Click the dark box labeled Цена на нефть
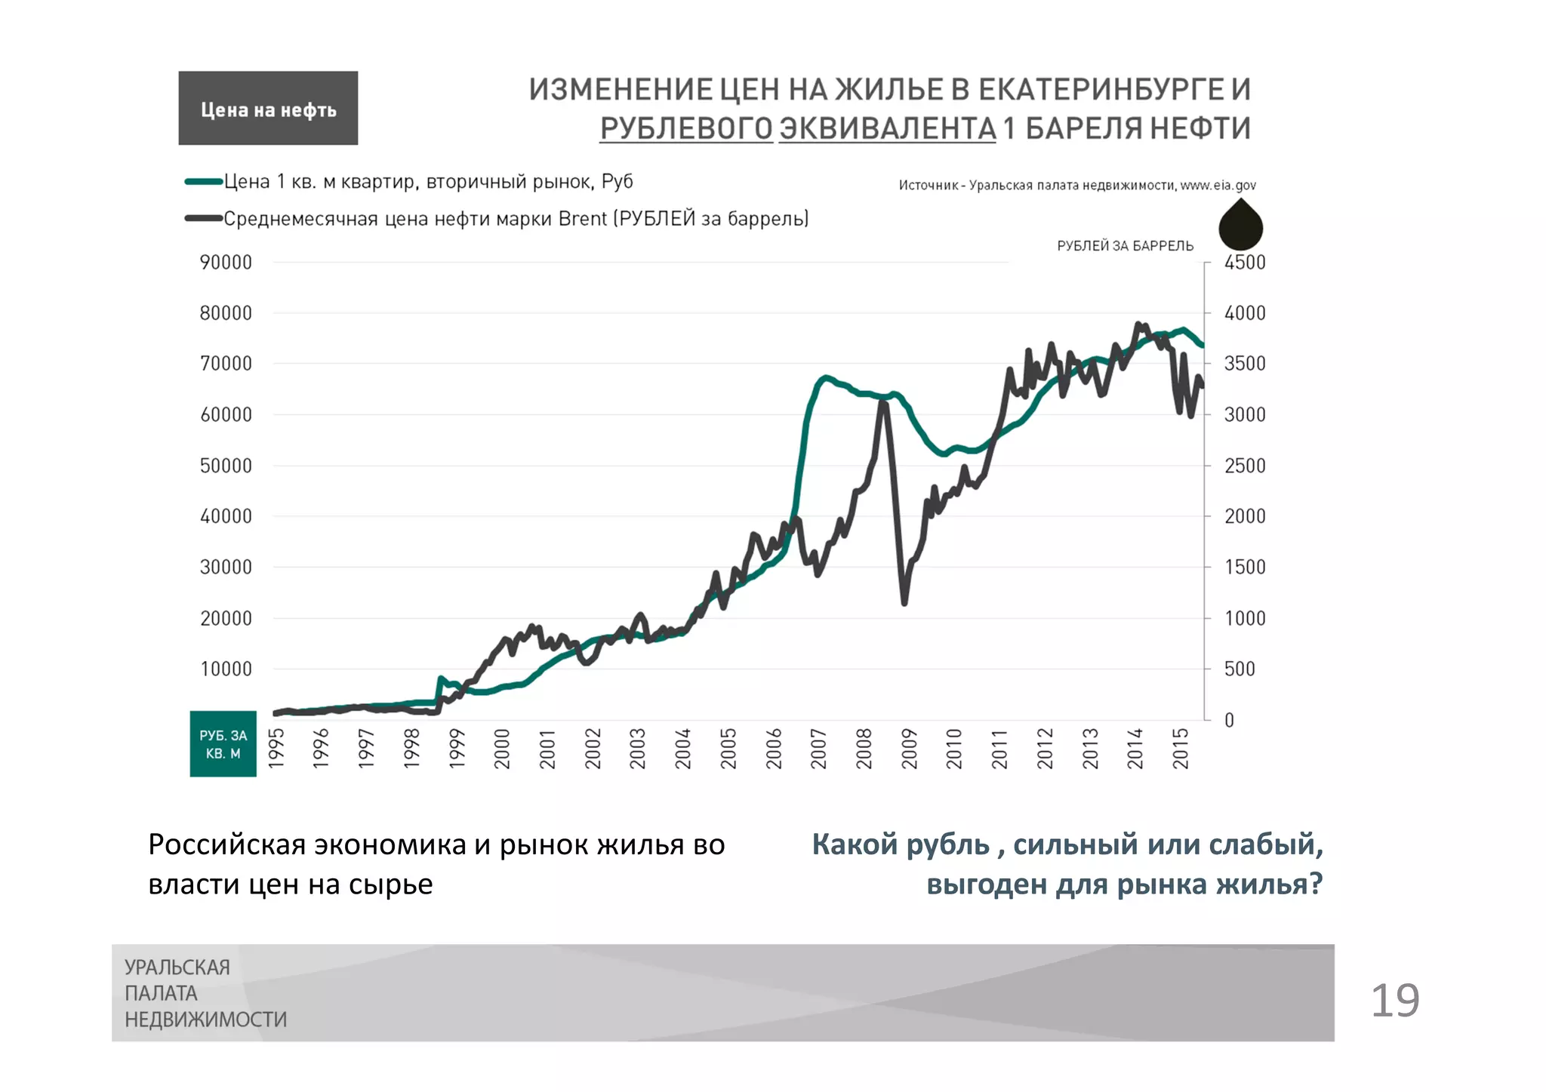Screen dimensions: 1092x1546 coord(268,108)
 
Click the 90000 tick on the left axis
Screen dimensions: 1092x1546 coord(226,263)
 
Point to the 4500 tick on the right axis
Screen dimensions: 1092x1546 coord(1244,263)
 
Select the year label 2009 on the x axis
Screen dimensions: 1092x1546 coord(910,749)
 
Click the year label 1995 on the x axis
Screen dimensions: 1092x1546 coord(277,749)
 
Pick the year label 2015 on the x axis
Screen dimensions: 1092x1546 coord(1181,749)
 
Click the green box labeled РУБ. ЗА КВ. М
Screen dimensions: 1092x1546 coord(223,744)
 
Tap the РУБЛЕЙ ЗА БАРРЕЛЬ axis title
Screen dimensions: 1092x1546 coord(1125,246)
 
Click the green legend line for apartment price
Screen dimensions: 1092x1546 coord(203,182)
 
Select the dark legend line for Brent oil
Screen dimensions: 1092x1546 coord(203,219)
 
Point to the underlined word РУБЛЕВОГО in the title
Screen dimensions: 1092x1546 coord(686,128)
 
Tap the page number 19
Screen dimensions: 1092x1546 coord(1394,1001)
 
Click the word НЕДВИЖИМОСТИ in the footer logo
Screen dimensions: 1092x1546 coord(206,1020)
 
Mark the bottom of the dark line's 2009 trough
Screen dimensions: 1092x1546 coord(904,603)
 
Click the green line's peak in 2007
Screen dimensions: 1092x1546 coord(826,377)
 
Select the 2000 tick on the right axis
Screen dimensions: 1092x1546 coord(1244,516)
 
